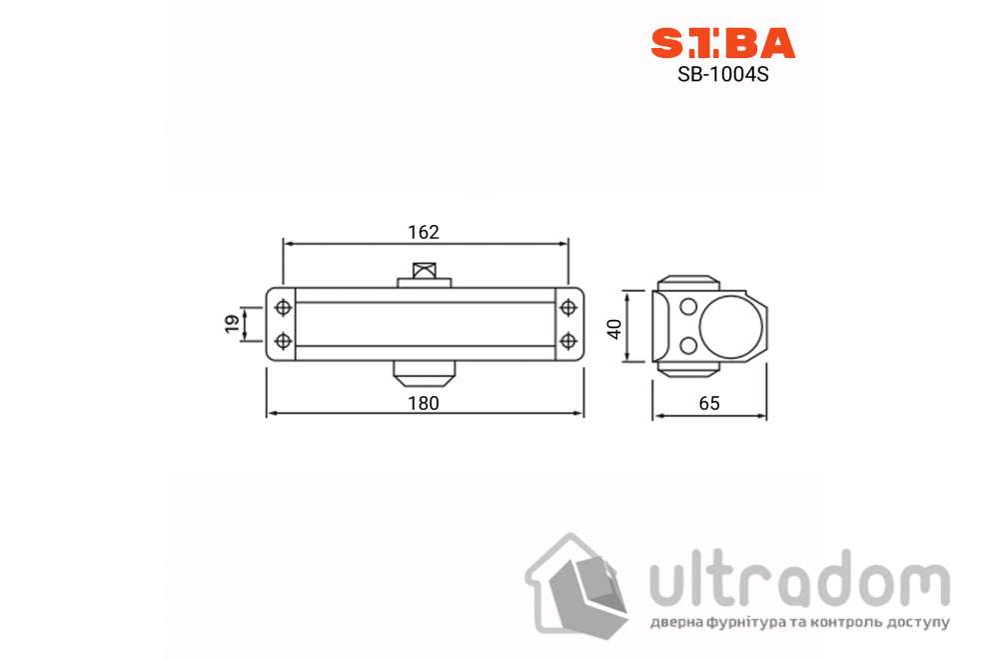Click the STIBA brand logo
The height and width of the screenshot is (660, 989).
722,43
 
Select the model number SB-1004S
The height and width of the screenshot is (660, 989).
722,73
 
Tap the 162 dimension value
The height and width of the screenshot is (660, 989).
424,232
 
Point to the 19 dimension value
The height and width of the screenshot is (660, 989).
232,323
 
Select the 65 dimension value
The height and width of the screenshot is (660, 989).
708,403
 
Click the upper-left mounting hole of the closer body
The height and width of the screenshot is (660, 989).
283,306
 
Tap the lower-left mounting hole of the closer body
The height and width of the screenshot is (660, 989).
283,341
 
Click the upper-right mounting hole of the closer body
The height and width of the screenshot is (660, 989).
568,306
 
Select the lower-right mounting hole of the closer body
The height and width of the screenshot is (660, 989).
568,341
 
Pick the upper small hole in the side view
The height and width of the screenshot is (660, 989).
688,306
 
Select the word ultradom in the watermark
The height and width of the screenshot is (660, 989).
798,582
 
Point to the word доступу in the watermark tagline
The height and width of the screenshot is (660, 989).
913,623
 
